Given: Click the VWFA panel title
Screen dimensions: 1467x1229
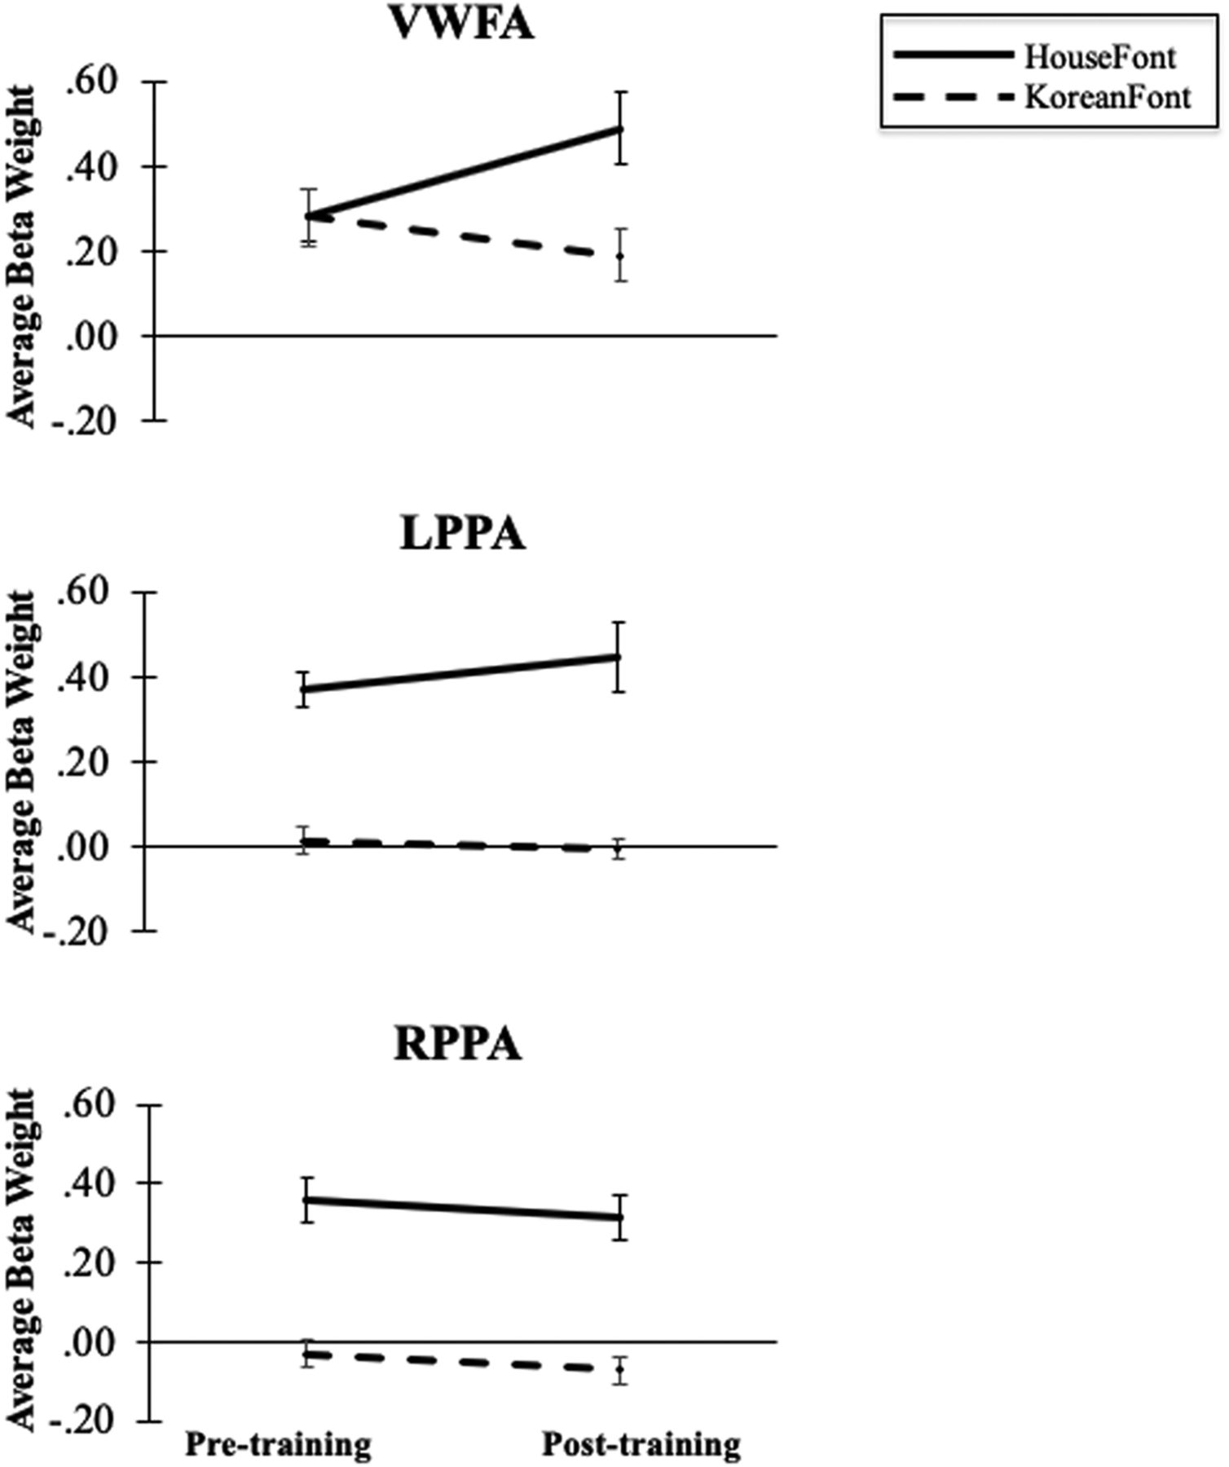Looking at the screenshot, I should pyautogui.click(x=462, y=24).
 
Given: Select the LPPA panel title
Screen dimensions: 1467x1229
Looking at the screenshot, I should pyautogui.click(x=462, y=535).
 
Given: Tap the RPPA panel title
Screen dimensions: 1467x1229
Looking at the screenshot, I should pyautogui.click(x=457, y=1046).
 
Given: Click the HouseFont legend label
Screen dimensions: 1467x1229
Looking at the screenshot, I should pyautogui.click(x=1100, y=58).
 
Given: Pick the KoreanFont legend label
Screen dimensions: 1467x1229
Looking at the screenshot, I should pyautogui.click(x=1108, y=98).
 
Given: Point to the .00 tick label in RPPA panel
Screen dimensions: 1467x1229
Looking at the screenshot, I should pyautogui.click(x=86, y=1341).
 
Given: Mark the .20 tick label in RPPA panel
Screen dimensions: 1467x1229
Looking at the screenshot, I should pyautogui.click(x=86, y=1262).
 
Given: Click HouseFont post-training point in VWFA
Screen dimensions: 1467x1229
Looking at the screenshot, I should pyautogui.click(x=621, y=129).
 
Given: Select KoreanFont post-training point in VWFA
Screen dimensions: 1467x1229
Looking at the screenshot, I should pyautogui.click(x=621, y=256).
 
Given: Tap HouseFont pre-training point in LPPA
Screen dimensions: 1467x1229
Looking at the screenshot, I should pyautogui.click(x=303, y=689).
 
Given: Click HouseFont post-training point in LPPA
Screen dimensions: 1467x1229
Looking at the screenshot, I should pyautogui.click(x=619, y=657).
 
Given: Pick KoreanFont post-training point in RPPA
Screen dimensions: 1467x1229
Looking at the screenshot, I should pyautogui.click(x=621, y=1369).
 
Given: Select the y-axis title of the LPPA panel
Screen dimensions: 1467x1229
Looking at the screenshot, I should pyautogui.click(x=23, y=762).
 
